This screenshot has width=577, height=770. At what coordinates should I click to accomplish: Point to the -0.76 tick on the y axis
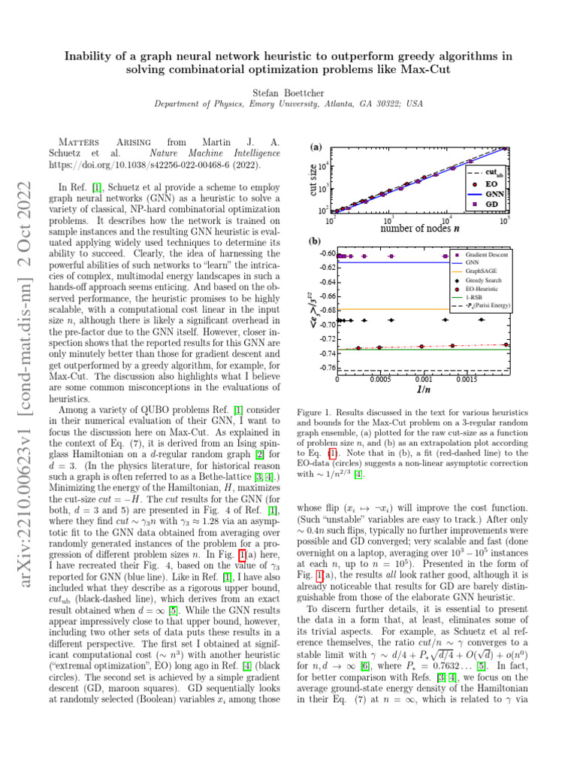[325, 368]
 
